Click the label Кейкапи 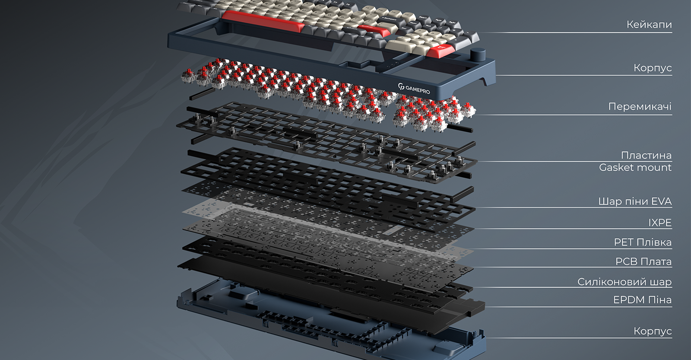[649, 25]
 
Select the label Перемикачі [640, 106]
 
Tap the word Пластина [646, 155]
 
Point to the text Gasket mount [635, 167]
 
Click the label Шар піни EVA [635, 201]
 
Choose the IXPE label [660, 223]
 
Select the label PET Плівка [643, 242]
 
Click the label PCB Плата [643, 261]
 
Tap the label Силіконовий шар [624, 282]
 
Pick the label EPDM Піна [642, 300]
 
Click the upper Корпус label [653, 68]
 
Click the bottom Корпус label [653, 331]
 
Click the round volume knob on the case [478, 55]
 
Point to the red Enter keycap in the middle [374, 31]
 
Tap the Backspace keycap [391, 19]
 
